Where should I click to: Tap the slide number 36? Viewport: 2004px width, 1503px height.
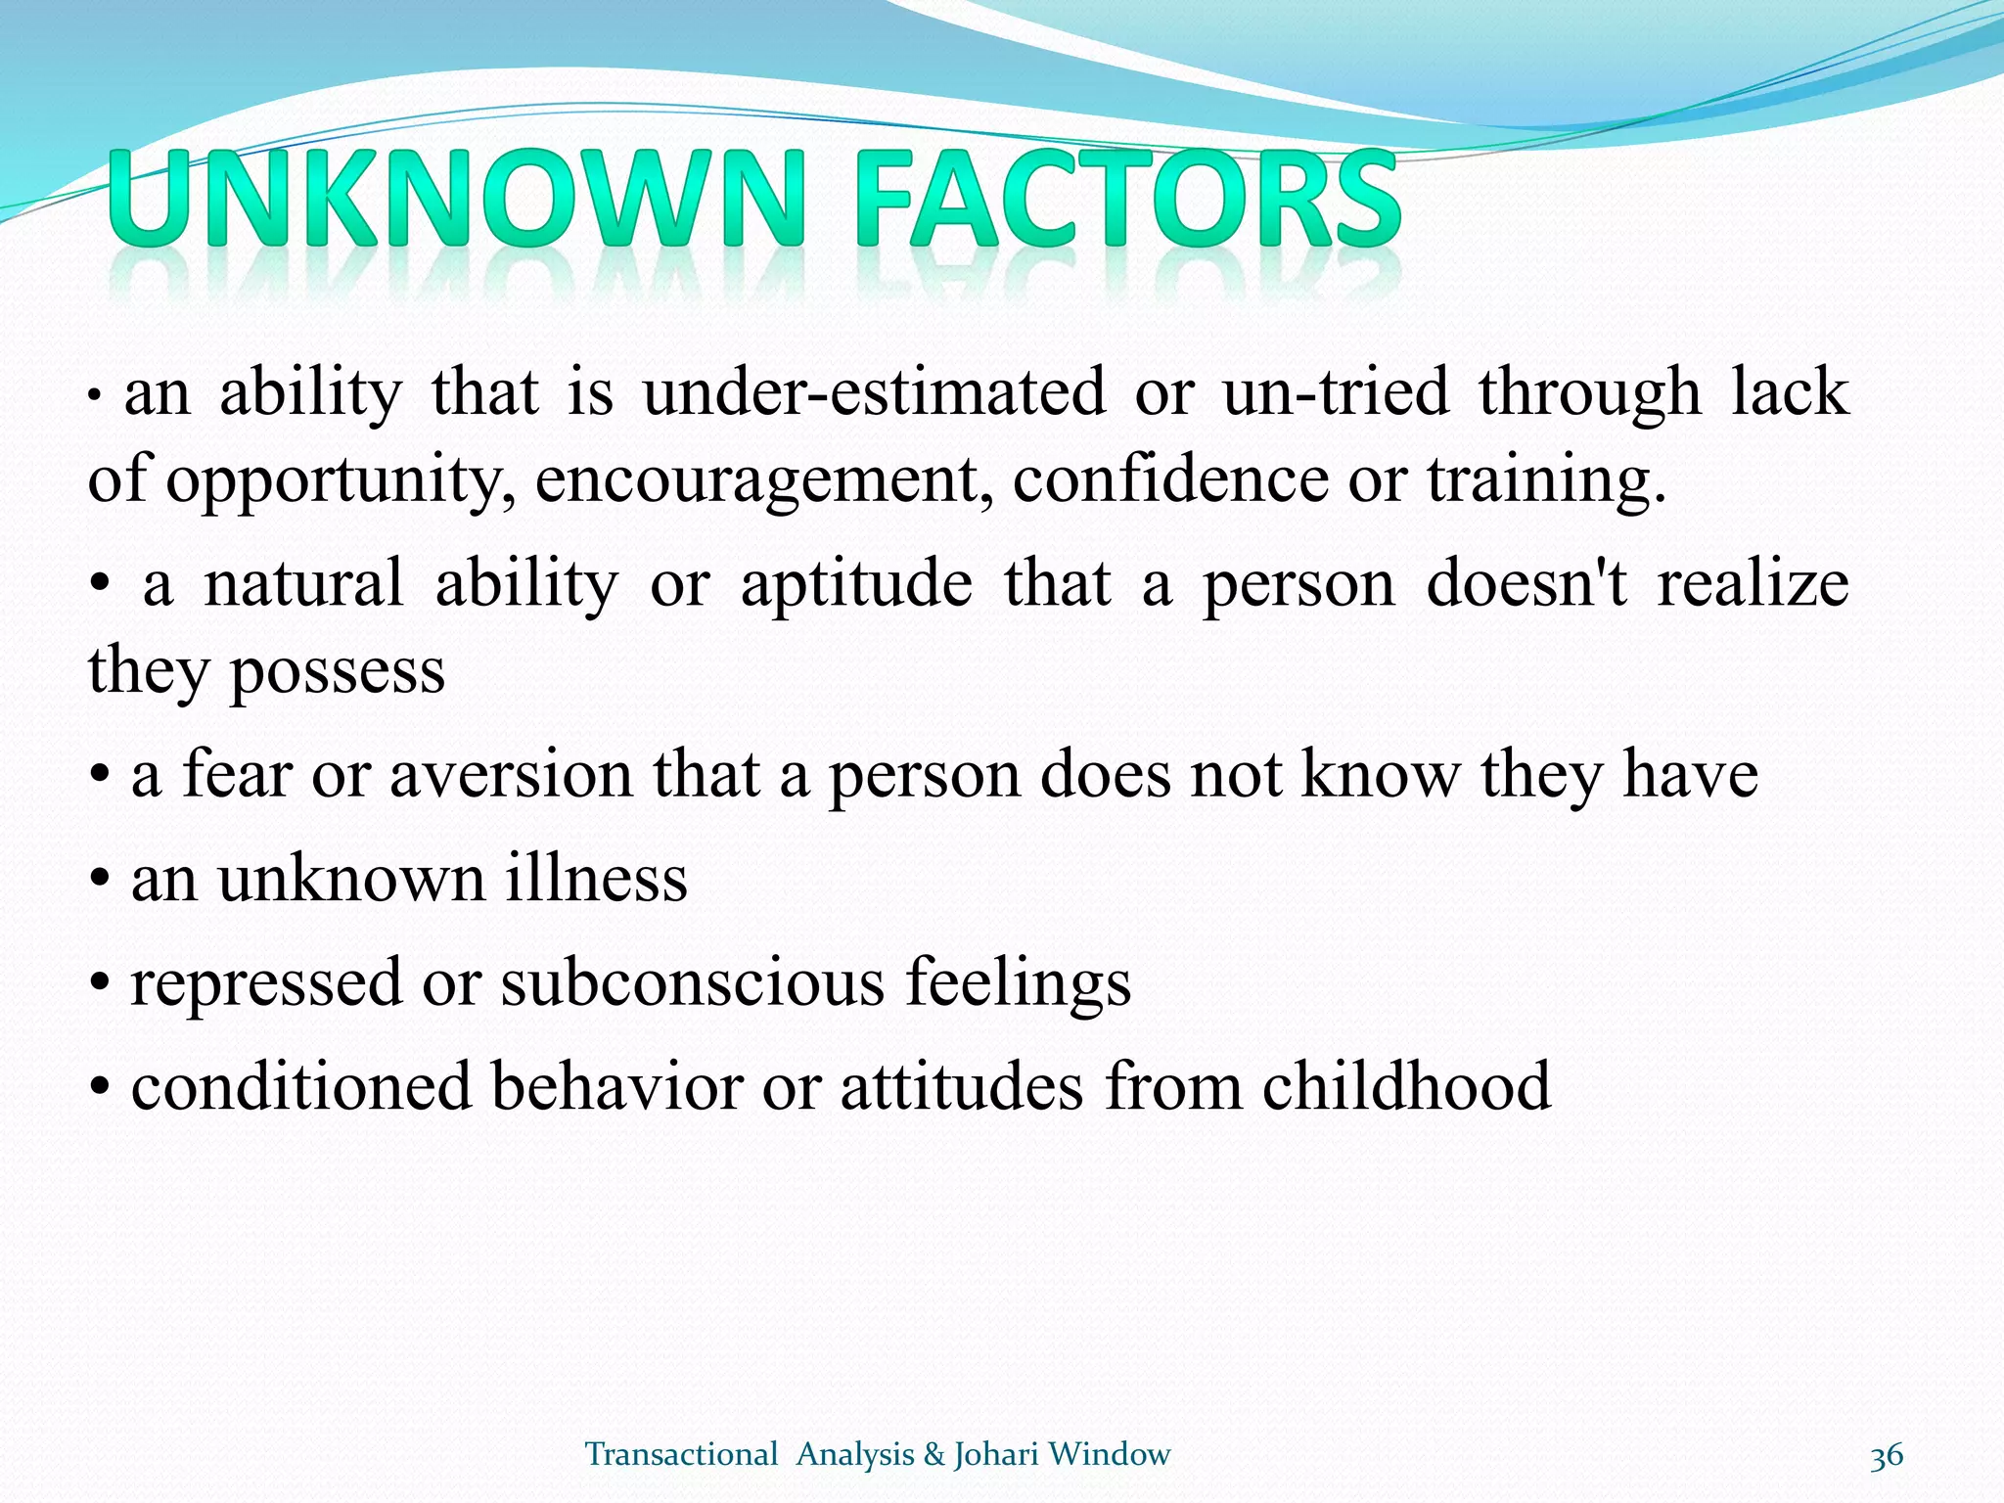pos(1886,1455)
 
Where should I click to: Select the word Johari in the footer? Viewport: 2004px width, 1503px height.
pos(996,1455)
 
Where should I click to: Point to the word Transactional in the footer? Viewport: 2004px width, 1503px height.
pos(681,1455)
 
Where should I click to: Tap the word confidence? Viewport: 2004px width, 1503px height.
pos(1169,479)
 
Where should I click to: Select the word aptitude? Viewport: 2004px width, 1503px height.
pos(856,584)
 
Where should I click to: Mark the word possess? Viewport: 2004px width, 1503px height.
pos(337,673)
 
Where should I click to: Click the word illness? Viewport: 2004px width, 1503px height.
pos(596,878)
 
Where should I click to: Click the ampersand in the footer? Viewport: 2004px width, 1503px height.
pos(933,1455)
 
